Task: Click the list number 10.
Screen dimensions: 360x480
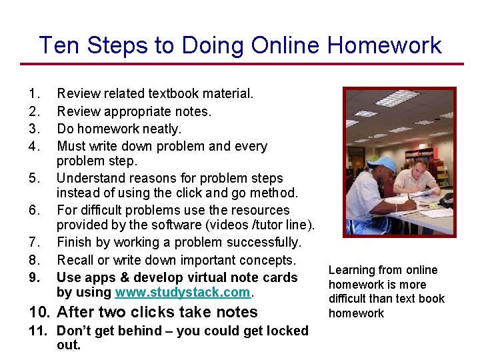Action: [x=39, y=312]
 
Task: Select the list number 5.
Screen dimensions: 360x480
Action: [x=34, y=179]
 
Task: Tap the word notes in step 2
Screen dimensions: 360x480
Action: [x=193, y=111]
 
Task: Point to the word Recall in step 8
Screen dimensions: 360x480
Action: [x=76, y=259]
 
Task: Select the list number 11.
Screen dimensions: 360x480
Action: [x=38, y=331]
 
